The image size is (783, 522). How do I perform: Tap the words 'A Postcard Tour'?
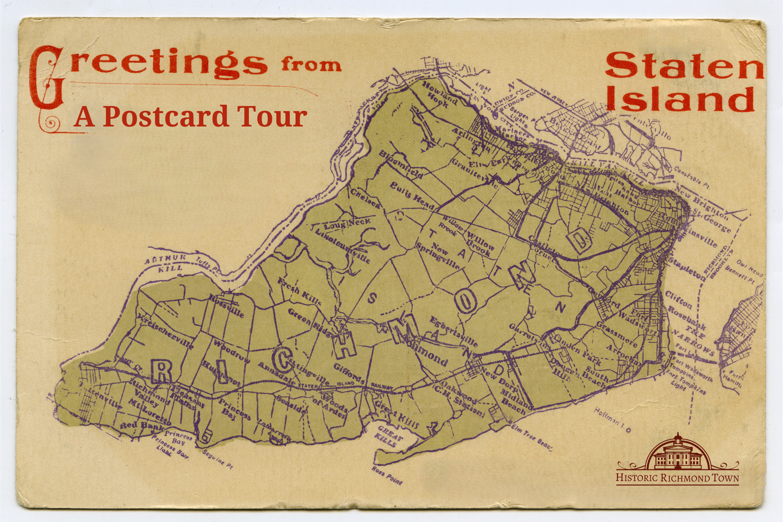click(190, 116)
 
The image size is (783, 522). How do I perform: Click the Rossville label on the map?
click(226, 306)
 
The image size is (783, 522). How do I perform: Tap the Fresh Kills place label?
click(299, 292)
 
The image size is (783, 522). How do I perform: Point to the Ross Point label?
click(387, 475)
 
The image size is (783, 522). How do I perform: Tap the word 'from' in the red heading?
click(311, 65)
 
